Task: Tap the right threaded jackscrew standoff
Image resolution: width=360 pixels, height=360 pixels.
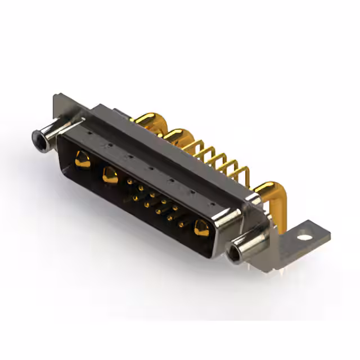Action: (244, 249)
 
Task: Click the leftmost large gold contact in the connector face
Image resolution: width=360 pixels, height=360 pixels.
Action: (82, 160)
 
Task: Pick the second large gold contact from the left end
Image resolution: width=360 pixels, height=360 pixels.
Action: (110, 176)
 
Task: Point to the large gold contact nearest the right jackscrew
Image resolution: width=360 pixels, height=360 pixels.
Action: (201, 228)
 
